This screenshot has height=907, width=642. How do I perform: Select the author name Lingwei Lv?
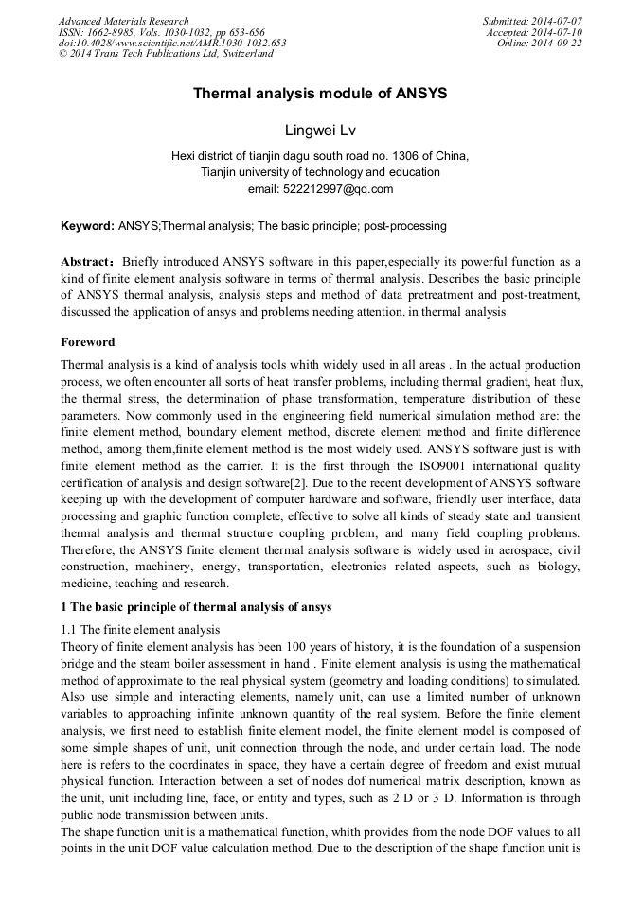320,130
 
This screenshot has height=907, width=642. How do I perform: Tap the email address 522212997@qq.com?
320,189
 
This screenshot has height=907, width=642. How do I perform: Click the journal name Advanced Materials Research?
123,21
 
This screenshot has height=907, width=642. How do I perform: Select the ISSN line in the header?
161,32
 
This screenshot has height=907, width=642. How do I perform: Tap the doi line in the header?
172,44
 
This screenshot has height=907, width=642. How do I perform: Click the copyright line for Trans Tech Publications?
166,54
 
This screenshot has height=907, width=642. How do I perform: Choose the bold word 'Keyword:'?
87,227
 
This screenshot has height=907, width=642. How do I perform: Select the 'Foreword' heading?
87,342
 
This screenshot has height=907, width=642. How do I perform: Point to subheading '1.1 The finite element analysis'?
140,630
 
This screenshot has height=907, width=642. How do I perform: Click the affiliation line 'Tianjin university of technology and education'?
320,172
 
